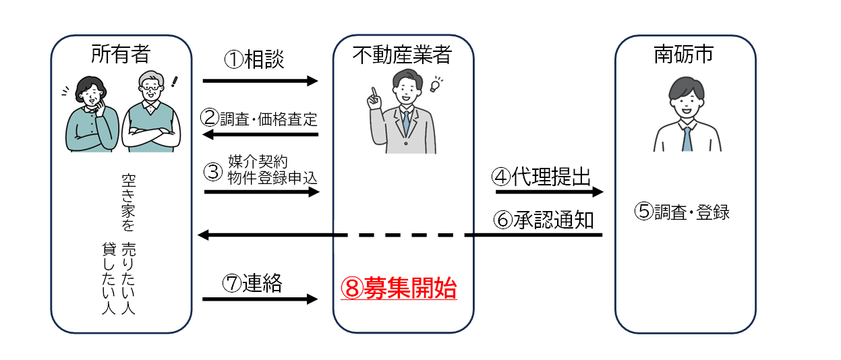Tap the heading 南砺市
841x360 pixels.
pyautogui.click(x=683, y=54)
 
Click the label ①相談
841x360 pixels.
pyautogui.click(x=254, y=60)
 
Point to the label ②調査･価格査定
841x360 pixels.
pyautogui.click(x=259, y=118)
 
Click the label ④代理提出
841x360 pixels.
pyautogui.click(x=542, y=177)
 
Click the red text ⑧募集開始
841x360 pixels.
pyautogui.click(x=399, y=289)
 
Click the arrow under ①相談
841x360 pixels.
pyautogui.click(x=260, y=82)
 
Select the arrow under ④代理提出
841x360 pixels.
pyautogui.click(x=549, y=192)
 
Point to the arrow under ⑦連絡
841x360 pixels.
pyautogui.click(x=260, y=299)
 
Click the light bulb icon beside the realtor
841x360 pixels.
pyautogui.click(x=435, y=85)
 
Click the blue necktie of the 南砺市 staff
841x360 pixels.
pyautogui.click(x=686, y=138)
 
